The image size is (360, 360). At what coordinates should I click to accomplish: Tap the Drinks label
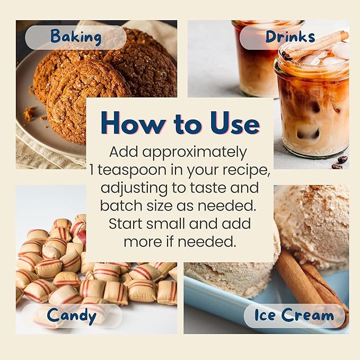click(x=290, y=37)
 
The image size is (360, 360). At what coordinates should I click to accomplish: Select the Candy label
click(x=72, y=315)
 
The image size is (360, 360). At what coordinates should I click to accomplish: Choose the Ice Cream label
click(x=294, y=315)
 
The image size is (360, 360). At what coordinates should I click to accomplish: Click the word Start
click(x=125, y=223)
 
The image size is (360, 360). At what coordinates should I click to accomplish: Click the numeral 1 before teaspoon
click(x=92, y=170)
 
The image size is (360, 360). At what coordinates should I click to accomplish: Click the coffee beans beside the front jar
click(x=339, y=162)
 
